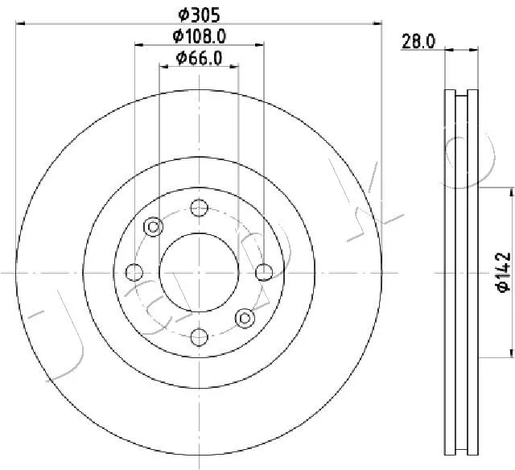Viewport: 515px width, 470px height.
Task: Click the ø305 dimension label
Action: coord(199,15)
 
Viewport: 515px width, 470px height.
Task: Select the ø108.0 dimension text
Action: coord(200,36)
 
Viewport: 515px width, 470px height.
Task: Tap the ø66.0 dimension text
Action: coord(199,58)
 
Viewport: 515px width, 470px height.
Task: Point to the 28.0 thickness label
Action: coord(418,42)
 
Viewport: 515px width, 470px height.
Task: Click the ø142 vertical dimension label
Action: coord(503,272)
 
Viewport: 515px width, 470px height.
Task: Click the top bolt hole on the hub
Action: coord(200,208)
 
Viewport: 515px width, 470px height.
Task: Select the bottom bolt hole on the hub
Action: coord(200,337)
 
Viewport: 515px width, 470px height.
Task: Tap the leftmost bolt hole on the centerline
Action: coord(134,272)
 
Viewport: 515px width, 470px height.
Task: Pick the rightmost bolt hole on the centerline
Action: coord(264,272)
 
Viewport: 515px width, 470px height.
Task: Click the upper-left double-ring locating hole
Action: coord(154,227)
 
